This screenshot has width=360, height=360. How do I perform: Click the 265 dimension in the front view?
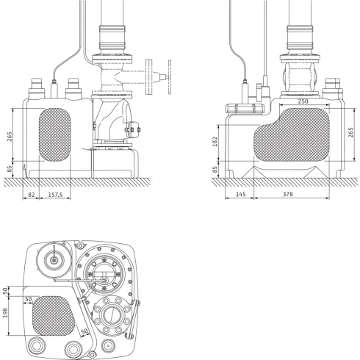point(10,137)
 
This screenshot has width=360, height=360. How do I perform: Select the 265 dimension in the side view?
point(352,137)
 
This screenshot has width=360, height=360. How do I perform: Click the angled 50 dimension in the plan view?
point(84,333)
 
